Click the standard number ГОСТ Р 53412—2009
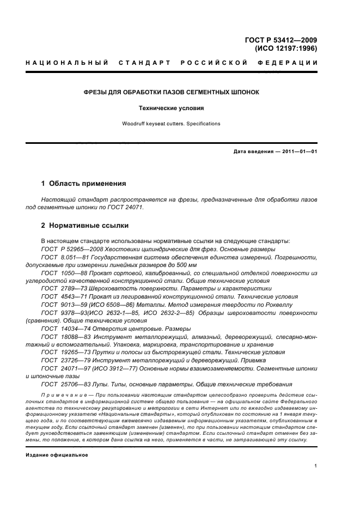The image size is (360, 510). (x=282, y=40)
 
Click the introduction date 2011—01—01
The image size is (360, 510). (x=298, y=151)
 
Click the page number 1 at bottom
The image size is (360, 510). (x=316, y=466)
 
